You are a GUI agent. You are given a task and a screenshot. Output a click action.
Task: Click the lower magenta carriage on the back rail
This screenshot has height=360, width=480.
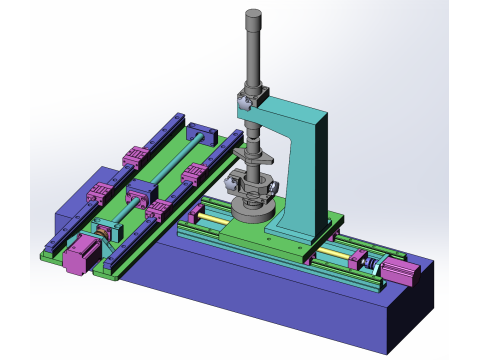click(99, 193)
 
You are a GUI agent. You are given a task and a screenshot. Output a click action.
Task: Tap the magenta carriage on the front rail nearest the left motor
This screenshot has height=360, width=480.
click(157, 210)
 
